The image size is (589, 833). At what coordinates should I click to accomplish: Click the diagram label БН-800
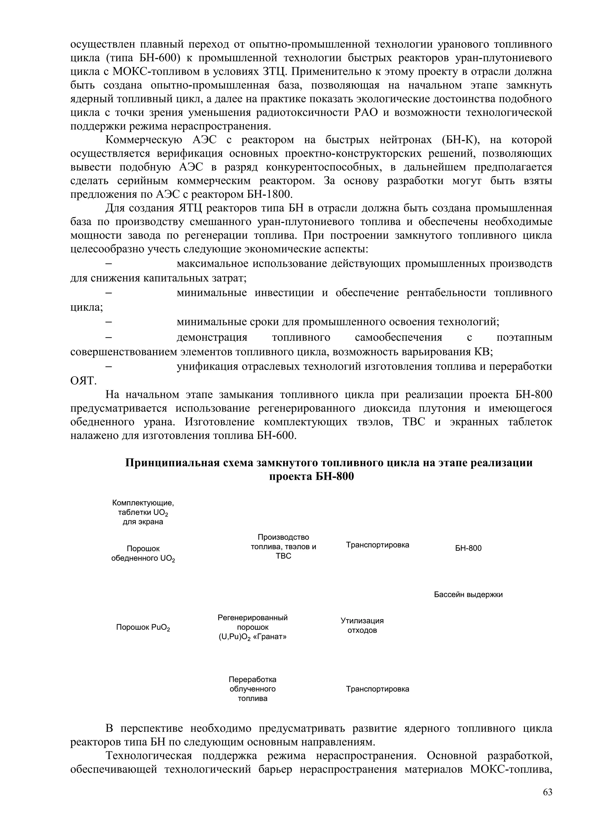[x=468, y=548]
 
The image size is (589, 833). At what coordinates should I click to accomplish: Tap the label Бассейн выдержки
[x=468, y=595]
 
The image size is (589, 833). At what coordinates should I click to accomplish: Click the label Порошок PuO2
[x=143, y=628]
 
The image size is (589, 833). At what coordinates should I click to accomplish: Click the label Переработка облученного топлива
[x=253, y=689]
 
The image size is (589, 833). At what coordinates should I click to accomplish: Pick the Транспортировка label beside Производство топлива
[x=377, y=545]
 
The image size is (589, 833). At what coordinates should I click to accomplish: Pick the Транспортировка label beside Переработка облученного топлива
[x=377, y=689]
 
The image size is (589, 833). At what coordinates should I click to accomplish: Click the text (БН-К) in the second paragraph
[x=459, y=140]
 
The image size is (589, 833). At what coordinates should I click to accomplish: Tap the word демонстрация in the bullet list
[x=212, y=338]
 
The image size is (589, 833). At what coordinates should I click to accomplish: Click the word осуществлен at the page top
[x=103, y=45]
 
